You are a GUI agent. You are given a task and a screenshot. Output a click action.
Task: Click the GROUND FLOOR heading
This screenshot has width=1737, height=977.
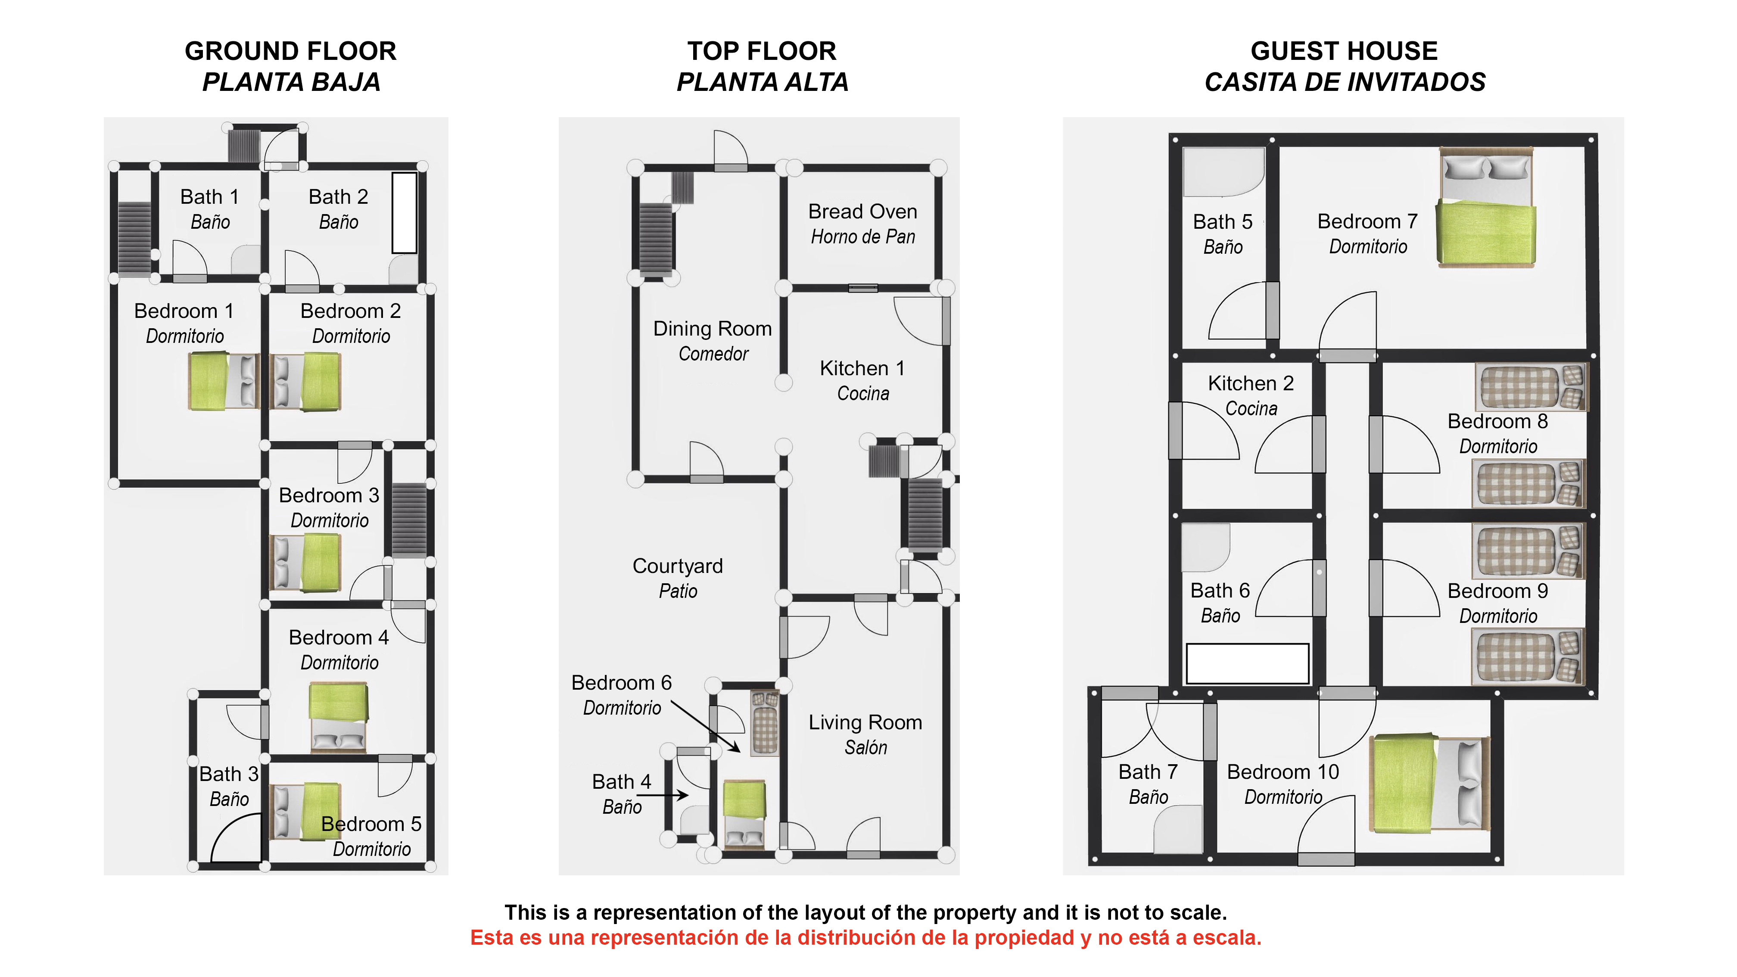pos(291,51)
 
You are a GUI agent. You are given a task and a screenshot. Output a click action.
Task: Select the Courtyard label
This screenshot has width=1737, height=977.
pos(678,578)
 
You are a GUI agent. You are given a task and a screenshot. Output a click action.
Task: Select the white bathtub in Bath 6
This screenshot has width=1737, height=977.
pos(1248,663)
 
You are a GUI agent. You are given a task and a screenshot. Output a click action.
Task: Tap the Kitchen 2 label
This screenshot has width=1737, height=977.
pos(1251,395)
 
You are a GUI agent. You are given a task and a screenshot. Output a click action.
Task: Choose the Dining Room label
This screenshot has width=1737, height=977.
pos(713,340)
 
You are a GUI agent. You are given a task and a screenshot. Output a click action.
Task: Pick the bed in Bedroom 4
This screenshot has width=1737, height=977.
pos(339,717)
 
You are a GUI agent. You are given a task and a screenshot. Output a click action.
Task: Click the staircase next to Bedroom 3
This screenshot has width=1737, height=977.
pos(409,520)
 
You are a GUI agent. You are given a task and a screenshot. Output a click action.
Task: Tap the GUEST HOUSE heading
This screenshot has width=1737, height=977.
pos(1344,51)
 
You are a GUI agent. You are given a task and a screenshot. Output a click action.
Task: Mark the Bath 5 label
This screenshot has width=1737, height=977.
pos(1223,233)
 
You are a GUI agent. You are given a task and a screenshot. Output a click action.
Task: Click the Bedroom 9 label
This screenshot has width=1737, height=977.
pos(1497,603)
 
